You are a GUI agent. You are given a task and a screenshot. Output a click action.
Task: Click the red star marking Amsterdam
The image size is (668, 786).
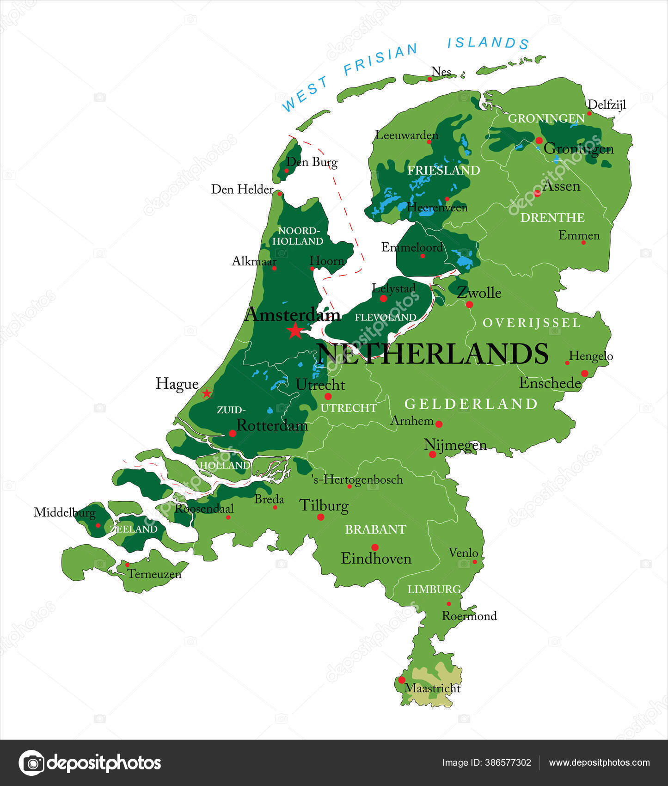coord(295,331)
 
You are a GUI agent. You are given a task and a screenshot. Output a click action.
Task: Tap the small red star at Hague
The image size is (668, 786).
coord(207,393)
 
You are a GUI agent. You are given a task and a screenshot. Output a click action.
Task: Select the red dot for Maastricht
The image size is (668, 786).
coord(402,680)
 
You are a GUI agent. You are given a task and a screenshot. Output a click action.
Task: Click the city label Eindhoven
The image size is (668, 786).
coord(376,559)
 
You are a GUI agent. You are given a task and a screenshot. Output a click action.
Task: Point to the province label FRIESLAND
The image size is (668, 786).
coord(443,171)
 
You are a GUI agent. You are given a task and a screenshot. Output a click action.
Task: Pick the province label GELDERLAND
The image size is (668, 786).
coord(471,404)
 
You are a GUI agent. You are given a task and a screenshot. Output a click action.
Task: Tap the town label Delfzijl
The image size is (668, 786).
coord(607,105)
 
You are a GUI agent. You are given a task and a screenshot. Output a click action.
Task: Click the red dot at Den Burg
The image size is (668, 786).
coord(286,171)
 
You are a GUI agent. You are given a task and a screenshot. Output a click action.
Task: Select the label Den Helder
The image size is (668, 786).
coord(242,189)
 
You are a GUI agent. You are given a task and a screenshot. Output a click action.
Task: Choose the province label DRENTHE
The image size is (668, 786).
coord(552,218)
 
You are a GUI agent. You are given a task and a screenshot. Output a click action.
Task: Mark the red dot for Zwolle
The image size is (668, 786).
coord(469,304)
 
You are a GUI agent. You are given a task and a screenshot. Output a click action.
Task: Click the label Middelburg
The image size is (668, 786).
coord(65,512)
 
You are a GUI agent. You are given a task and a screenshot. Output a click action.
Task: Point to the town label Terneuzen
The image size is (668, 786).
coord(154,574)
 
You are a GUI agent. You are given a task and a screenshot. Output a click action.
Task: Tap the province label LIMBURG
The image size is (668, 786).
coord(434,589)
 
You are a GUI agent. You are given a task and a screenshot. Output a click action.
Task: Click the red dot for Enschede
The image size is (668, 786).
coord(584,373)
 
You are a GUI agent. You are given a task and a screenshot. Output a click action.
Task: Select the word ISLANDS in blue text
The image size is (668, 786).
coord(488,43)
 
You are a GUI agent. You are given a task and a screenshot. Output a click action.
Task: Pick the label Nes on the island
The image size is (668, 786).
coord(441,72)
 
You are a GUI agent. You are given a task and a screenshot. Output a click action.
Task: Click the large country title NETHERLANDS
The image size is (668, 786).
coord(433,354)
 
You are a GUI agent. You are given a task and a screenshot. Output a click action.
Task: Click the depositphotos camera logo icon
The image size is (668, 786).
coord(31,763)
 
